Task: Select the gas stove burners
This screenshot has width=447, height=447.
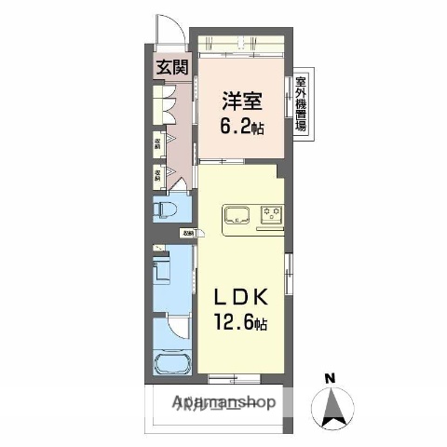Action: (x=272, y=213)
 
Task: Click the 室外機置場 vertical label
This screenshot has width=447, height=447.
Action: (x=301, y=105)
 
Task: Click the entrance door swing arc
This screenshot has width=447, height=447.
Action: (x=169, y=28)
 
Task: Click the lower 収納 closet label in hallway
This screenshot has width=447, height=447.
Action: (x=158, y=173)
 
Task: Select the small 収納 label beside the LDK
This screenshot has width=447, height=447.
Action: (x=188, y=234)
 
